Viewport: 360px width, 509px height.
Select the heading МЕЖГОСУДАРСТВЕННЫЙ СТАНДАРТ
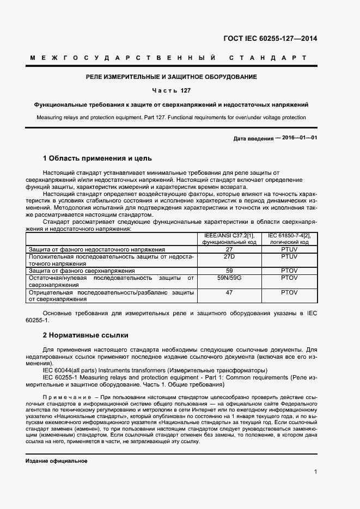[168, 58]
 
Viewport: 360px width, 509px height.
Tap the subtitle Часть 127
[171, 90]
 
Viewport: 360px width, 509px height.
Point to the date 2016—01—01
[296, 138]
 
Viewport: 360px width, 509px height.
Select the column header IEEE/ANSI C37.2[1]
[228, 235]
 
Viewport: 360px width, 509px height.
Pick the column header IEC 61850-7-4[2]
[289, 235]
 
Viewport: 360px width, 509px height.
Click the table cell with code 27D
[229, 256]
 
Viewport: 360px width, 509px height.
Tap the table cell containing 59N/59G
[229, 278]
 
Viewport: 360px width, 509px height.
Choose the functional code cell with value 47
[229, 292]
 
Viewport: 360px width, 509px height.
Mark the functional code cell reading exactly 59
[229, 271]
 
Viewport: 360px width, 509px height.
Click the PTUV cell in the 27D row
[289, 256]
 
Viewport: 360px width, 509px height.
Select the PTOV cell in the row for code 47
[289, 292]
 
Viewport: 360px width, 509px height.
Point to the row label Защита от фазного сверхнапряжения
[82, 271]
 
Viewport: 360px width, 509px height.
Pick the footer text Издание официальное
[57, 461]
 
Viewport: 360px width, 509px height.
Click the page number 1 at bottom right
[315, 472]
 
